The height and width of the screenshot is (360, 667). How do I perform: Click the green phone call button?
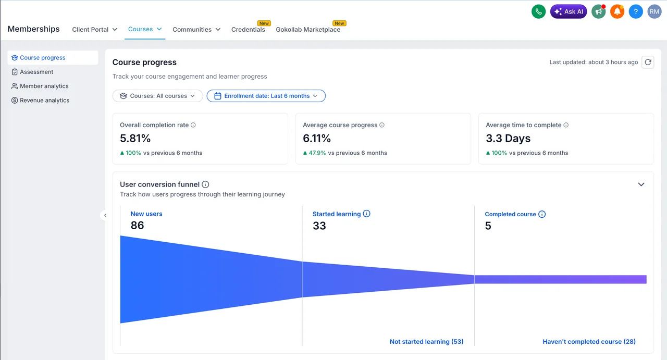(538, 11)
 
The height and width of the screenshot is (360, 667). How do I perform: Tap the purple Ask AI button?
(569, 11)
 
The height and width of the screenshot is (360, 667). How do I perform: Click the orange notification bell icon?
(617, 11)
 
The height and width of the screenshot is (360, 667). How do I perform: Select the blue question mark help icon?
(636, 11)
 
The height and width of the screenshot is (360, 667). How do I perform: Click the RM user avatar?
(654, 11)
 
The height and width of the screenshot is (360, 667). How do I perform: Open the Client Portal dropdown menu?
(94, 30)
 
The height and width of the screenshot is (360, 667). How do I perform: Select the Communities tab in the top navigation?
(196, 30)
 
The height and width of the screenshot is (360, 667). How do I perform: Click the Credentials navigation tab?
(248, 30)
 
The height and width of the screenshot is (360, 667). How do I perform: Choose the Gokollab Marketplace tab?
(308, 30)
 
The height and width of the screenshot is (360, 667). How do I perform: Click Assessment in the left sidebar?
(36, 72)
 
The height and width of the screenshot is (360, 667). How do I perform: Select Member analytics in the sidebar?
(44, 86)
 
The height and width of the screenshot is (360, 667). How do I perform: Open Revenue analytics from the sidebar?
(44, 101)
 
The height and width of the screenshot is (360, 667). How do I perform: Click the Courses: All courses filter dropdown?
(157, 96)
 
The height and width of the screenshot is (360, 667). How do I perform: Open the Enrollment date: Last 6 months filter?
(266, 96)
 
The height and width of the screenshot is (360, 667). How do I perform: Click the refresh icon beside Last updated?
(648, 62)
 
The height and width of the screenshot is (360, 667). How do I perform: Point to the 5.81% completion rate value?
(135, 139)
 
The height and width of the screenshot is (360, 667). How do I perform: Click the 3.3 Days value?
(508, 139)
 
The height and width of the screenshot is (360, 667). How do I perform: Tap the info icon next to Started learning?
(366, 214)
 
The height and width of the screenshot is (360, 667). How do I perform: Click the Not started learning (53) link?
(426, 342)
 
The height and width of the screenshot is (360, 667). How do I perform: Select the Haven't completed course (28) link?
(589, 342)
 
